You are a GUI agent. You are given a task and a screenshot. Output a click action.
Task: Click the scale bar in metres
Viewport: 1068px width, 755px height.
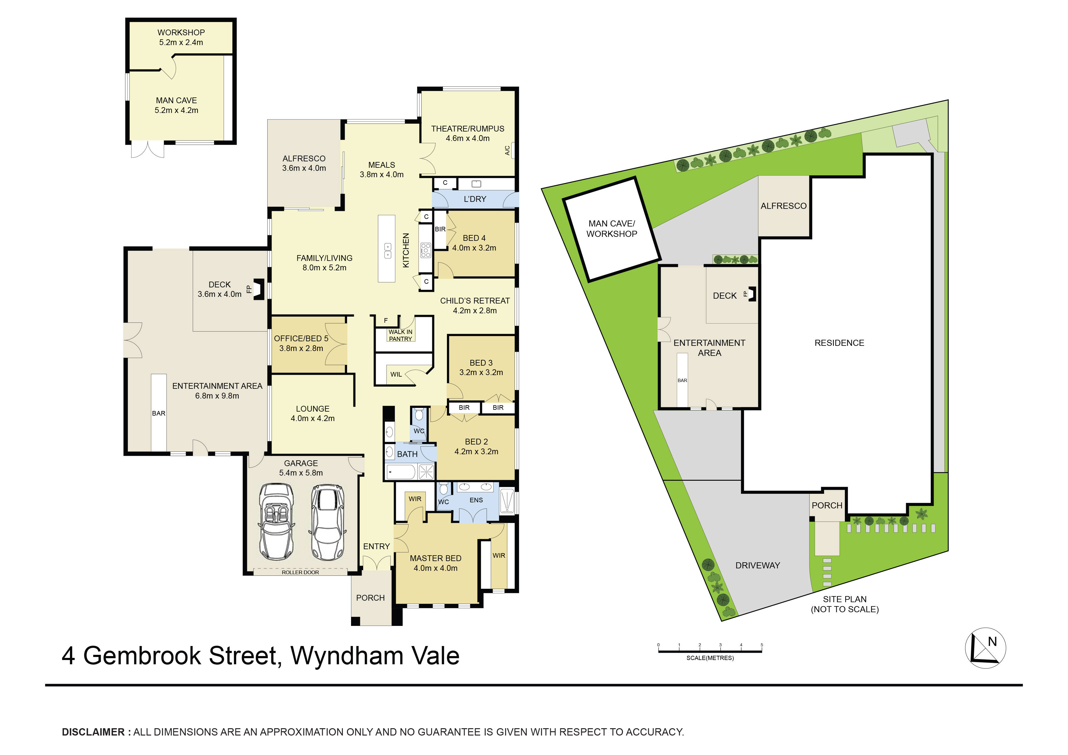710,651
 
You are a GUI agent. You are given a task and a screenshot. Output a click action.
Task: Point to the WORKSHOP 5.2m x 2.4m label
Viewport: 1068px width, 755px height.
181,37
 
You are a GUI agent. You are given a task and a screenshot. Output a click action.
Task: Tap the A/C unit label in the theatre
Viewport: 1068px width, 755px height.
508,150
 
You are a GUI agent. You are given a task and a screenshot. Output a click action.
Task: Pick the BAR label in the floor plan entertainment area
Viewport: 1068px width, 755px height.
159,413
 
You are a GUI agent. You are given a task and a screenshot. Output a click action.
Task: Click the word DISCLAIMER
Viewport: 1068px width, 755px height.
93,732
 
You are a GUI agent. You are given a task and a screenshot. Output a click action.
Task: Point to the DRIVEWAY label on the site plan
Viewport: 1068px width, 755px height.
757,565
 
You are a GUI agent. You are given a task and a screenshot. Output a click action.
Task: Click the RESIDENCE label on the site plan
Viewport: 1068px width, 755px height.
839,343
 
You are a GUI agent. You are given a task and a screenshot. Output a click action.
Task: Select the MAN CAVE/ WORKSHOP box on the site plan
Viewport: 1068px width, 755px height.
612,229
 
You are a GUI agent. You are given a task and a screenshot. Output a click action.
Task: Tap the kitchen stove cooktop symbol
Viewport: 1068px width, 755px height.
425,250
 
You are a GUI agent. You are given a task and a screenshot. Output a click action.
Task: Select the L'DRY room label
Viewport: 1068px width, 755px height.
475,199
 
